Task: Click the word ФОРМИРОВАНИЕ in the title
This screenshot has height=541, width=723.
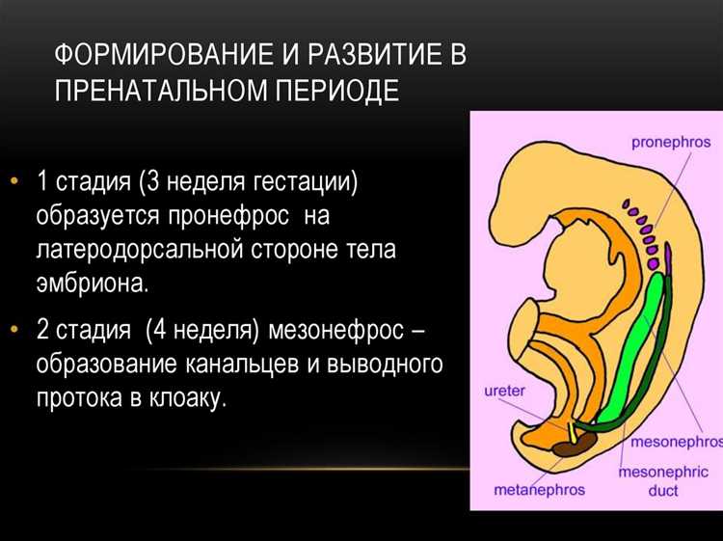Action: [164, 54]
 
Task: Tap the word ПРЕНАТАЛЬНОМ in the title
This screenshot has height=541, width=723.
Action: [160, 90]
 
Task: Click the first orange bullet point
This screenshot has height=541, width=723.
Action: [14, 180]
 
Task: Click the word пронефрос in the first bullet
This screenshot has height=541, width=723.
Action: [228, 216]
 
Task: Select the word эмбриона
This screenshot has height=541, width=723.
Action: [93, 283]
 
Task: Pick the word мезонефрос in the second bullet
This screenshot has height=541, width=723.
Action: [335, 330]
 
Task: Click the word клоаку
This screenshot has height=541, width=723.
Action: [188, 397]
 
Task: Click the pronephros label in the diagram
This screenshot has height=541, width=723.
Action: [670, 143]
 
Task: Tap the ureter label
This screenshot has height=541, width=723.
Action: [504, 391]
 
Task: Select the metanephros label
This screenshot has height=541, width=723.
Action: [539, 490]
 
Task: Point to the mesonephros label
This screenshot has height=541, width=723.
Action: [677, 443]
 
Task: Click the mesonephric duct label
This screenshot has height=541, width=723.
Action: [663, 481]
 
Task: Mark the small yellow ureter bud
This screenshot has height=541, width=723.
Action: [572, 433]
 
